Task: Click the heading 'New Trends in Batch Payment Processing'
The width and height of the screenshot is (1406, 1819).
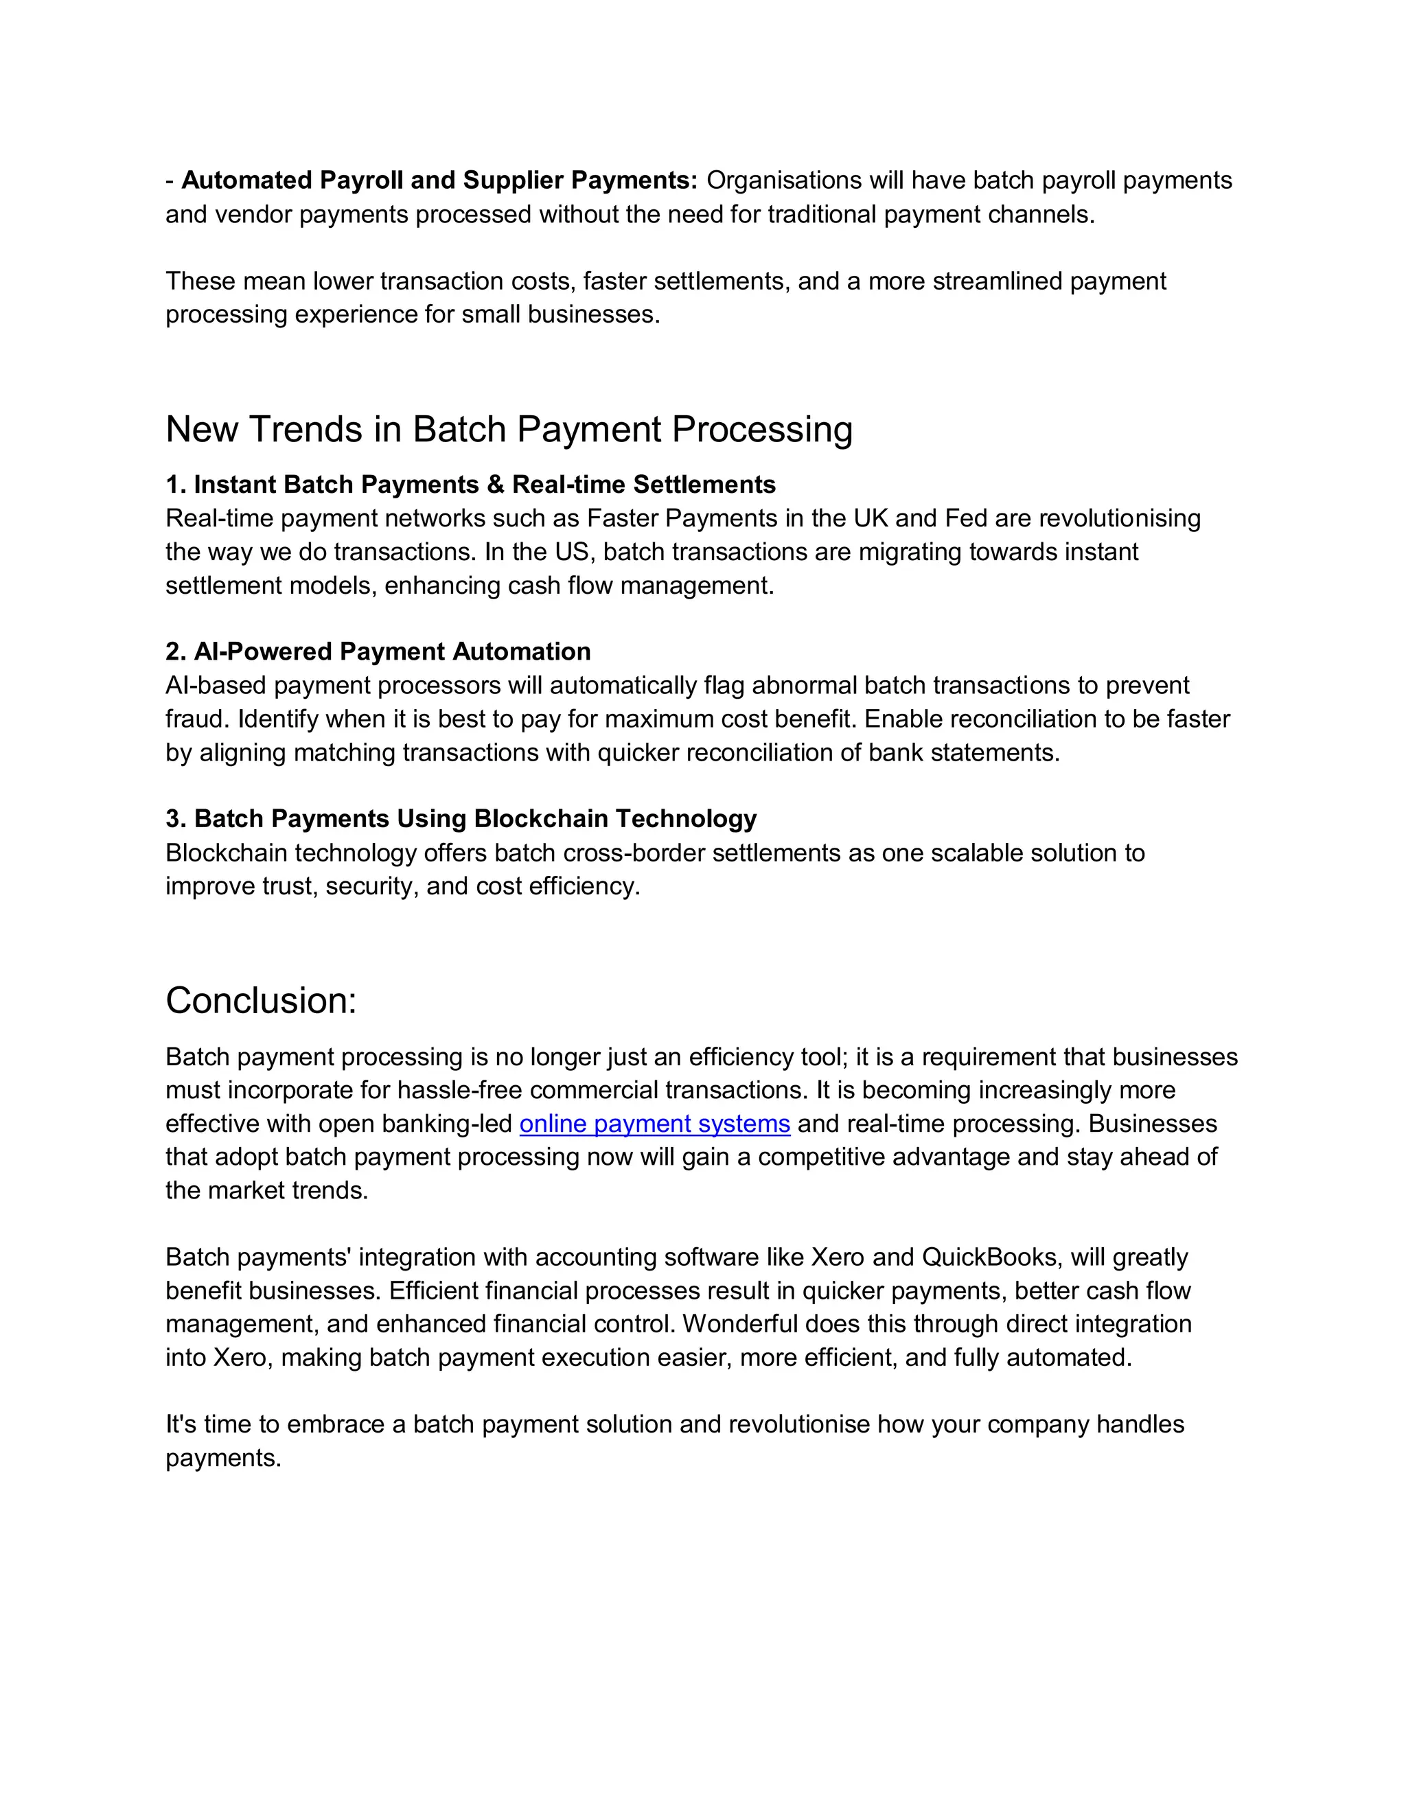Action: (x=509, y=430)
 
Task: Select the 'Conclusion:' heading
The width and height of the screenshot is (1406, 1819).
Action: (x=261, y=1000)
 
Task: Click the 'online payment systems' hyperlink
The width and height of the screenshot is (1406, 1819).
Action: (x=655, y=1124)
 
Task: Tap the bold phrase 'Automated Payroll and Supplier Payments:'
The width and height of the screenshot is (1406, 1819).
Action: (x=439, y=180)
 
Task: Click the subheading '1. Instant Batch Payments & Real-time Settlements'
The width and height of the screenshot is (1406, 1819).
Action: (x=470, y=485)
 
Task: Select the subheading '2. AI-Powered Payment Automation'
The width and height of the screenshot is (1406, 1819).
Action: (x=378, y=651)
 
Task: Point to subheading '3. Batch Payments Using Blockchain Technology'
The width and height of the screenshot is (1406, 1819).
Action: (x=461, y=819)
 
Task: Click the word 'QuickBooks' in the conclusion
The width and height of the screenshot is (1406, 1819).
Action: (x=989, y=1257)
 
